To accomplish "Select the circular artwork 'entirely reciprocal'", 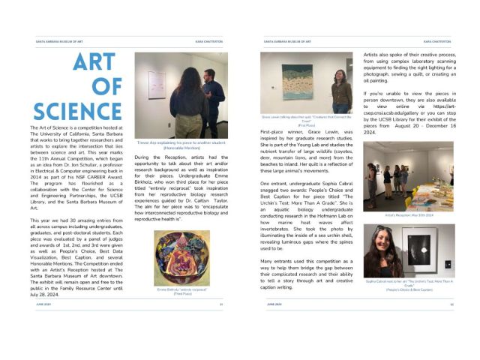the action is click(x=181, y=256).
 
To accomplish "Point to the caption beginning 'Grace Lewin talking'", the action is click(x=306, y=119).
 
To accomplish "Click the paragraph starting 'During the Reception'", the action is click(x=181, y=179).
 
